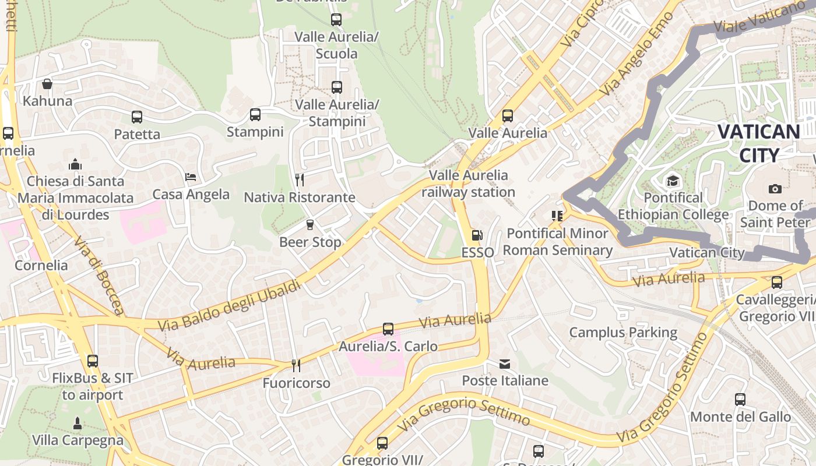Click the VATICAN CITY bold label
(x=758, y=143)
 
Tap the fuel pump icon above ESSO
(x=477, y=235)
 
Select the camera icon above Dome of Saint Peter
(x=775, y=189)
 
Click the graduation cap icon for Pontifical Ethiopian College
(x=673, y=181)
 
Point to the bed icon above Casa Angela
(x=191, y=177)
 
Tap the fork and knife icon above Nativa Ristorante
(x=300, y=179)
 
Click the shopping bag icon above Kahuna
(x=47, y=84)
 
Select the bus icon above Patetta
(x=137, y=117)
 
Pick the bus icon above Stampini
(x=255, y=115)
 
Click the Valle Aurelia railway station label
(x=468, y=183)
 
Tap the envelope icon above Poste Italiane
(x=505, y=364)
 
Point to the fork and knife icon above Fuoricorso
(x=296, y=365)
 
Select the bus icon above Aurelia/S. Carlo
(x=388, y=329)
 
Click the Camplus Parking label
(x=622, y=333)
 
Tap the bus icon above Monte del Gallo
(x=740, y=400)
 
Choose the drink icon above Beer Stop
(x=310, y=224)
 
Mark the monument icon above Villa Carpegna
(x=78, y=423)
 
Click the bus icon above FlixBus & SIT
(x=93, y=361)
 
